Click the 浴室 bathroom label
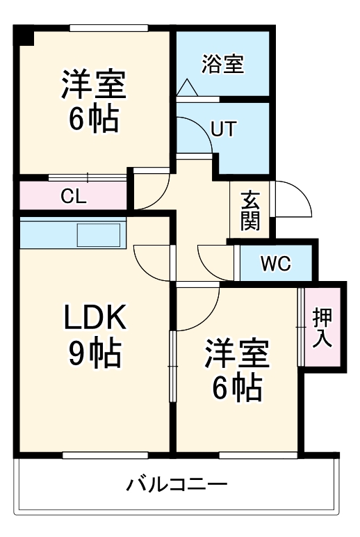(222, 65)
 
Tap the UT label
(223, 129)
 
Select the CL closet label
(73, 196)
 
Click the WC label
(276, 264)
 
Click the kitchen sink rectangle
(99, 235)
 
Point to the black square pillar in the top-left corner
(24, 35)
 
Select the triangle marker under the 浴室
(188, 88)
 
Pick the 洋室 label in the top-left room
(93, 84)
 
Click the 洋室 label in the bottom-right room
(236, 355)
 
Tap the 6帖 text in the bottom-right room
(236, 388)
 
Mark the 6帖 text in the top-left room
(93, 120)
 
